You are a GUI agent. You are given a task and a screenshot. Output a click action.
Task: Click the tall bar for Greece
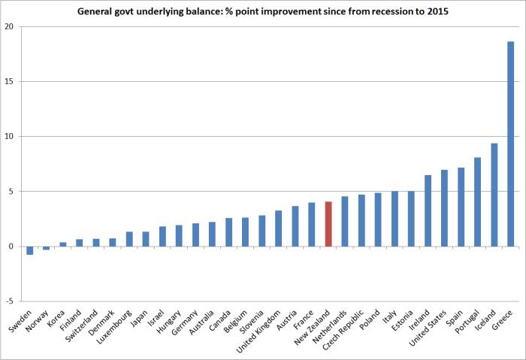511,144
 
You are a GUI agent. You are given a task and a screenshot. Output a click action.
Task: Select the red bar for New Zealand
328,224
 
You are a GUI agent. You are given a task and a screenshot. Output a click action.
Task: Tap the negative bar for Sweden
30,250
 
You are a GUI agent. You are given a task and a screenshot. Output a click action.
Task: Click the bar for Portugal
478,201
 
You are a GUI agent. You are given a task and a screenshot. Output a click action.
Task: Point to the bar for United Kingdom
279,228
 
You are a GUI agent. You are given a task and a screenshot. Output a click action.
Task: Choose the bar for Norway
47,248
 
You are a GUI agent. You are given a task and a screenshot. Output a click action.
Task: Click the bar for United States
445,208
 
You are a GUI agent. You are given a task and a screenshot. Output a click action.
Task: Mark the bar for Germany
195,234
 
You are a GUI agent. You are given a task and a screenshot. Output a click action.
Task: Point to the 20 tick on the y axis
11,26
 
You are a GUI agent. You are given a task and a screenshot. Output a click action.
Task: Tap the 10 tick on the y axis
11,136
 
